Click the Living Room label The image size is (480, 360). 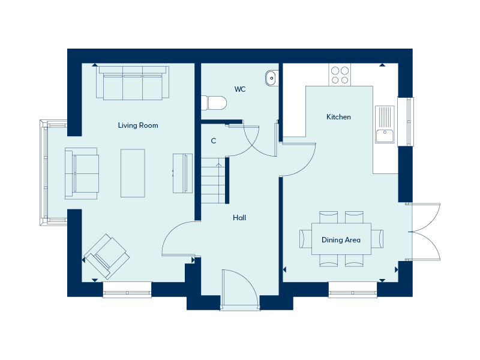tap(138, 125)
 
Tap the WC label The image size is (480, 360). tap(240, 89)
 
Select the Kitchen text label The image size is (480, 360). tap(338, 117)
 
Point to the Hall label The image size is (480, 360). tap(239, 218)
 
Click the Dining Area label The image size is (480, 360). tap(341, 240)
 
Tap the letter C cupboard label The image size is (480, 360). tap(214, 141)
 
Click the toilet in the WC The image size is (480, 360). tap(214, 103)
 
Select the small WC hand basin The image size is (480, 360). tap(272, 78)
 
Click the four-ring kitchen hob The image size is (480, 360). tap(340, 75)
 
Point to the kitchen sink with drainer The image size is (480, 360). tap(385, 124)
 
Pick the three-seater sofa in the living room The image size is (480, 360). tap(133, 83)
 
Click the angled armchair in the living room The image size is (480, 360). tap(107, 257)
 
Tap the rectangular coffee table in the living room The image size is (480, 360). tap(133, 173)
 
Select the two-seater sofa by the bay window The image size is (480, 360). tap(82, 173)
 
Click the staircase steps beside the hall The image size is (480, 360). tap(213, 181)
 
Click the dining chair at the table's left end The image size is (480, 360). tap(305, 239)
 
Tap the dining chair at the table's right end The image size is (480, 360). tap(377, 239)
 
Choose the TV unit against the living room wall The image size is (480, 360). tap(183, 173)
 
